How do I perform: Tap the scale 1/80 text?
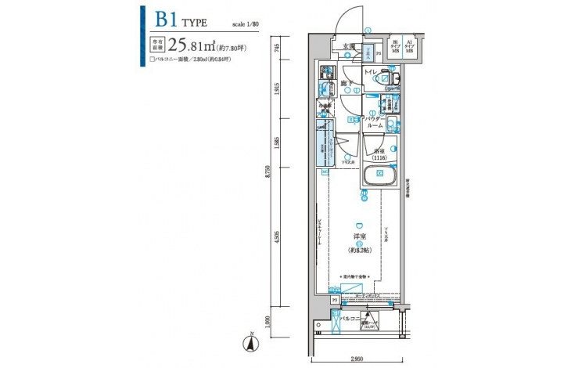(x=246, y=24)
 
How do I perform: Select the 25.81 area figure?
(x=185, y=45)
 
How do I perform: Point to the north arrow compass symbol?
(x=252, y=341)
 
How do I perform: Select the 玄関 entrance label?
(x=349, y=46)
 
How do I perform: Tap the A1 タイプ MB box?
(x=411, y=46)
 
